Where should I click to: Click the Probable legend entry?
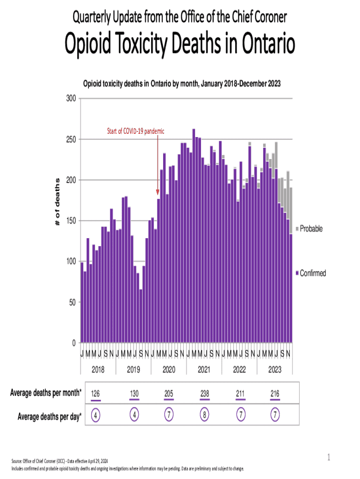click(311, 229)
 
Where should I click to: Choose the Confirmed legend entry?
click(312, 273)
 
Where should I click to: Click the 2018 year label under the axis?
click(98, 370)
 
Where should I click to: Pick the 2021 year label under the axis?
click(204, 370)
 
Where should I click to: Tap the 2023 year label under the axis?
click(274, 370)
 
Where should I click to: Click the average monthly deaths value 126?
click(96, 394)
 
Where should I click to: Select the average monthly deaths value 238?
click(204, 394)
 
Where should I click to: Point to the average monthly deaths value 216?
click(275, 394)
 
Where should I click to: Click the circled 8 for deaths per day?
click(204, 415)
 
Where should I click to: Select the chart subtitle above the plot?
click(182, 84)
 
